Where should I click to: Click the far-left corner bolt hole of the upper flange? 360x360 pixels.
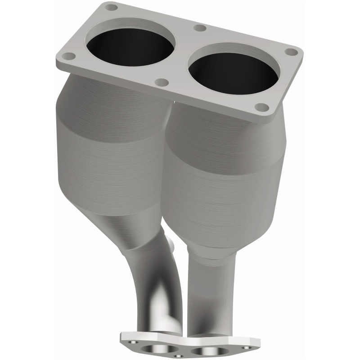point(68,56)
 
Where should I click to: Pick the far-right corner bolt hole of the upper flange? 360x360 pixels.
point(292,52)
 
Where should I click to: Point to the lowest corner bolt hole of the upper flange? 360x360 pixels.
point(261,107)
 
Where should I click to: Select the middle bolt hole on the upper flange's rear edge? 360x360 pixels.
point(200,28)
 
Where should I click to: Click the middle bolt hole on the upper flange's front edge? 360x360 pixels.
point(162,82)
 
